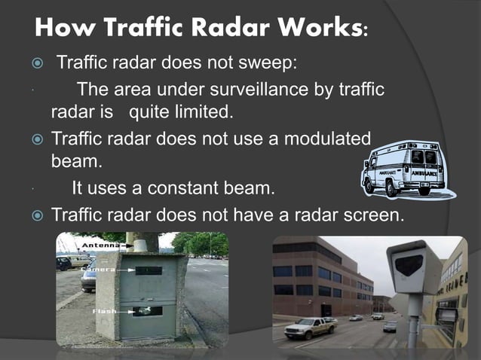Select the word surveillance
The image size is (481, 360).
249,90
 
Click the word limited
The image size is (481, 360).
203,113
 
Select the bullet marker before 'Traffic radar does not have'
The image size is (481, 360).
32,215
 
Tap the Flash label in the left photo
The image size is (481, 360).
104,310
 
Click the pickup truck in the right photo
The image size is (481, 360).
310,326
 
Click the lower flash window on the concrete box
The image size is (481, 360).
149,310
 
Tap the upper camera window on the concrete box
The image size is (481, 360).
149,270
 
